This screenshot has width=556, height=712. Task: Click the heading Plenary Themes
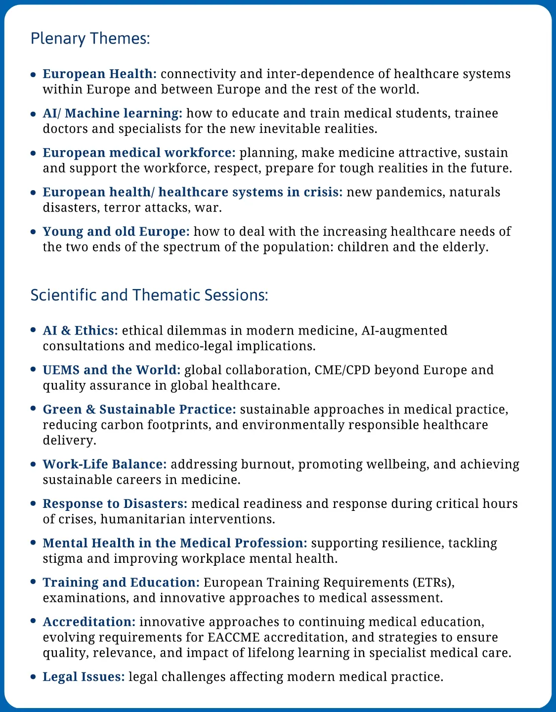pos(90,39)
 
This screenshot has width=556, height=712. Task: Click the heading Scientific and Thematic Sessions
pos(149,295)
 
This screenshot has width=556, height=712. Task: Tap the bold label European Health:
pos(99,74)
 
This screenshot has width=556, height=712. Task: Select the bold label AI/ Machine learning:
pos(112,114)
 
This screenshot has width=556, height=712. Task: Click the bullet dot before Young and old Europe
pos(33,232)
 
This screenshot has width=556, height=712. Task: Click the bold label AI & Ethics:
pos(80,331)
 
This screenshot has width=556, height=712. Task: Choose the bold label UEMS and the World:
pos(112,370)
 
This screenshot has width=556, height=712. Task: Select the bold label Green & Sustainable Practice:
pos(139,410)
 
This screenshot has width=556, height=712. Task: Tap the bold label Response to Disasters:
pos(115,504)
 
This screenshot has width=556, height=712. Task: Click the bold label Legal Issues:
pos(84,677)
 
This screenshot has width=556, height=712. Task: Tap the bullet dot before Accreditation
pos(33,622)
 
